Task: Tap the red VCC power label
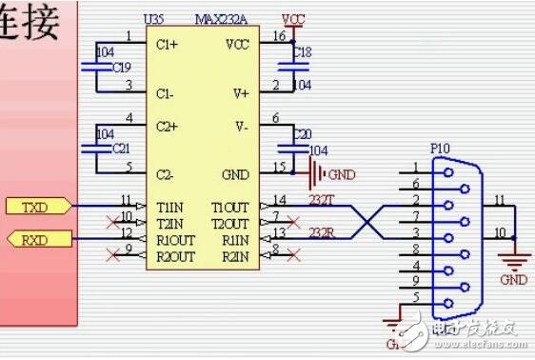coord(294,19)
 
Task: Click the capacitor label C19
coord(122,68)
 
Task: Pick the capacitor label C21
coord(122,149)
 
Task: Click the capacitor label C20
coord(302,133)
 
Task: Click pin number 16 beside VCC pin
coord(278,36)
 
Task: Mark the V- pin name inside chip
coord(241,126)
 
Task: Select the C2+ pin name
coord(168,126)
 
